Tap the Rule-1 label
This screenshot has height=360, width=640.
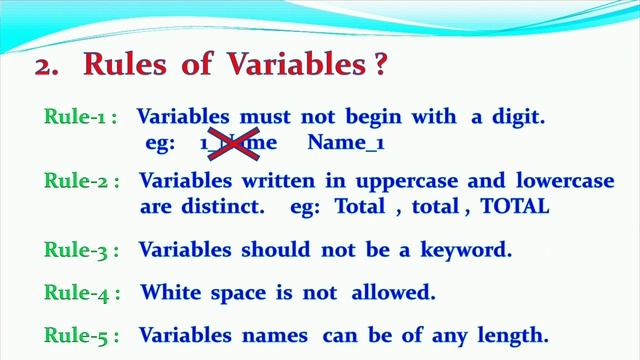point(80,117)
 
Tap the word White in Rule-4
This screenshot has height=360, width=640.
point(167,293)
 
